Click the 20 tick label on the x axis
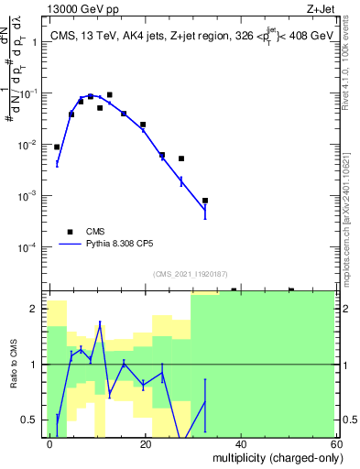(145, 443)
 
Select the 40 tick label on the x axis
(240, 443)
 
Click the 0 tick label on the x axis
(50, 443)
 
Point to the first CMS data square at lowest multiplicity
(57, 147)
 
